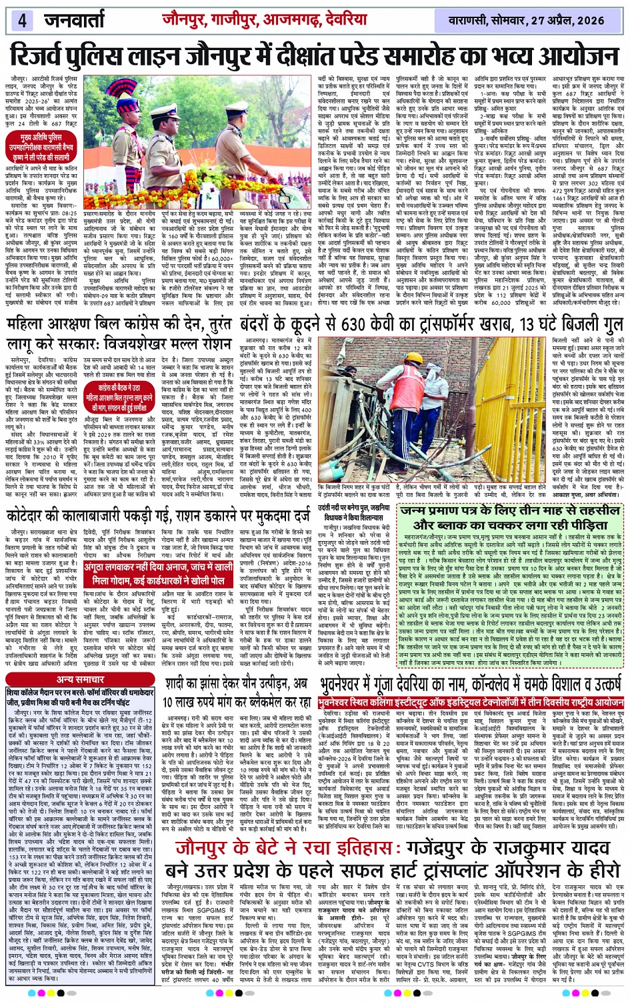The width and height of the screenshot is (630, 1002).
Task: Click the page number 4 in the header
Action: click(x=21, y=20)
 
